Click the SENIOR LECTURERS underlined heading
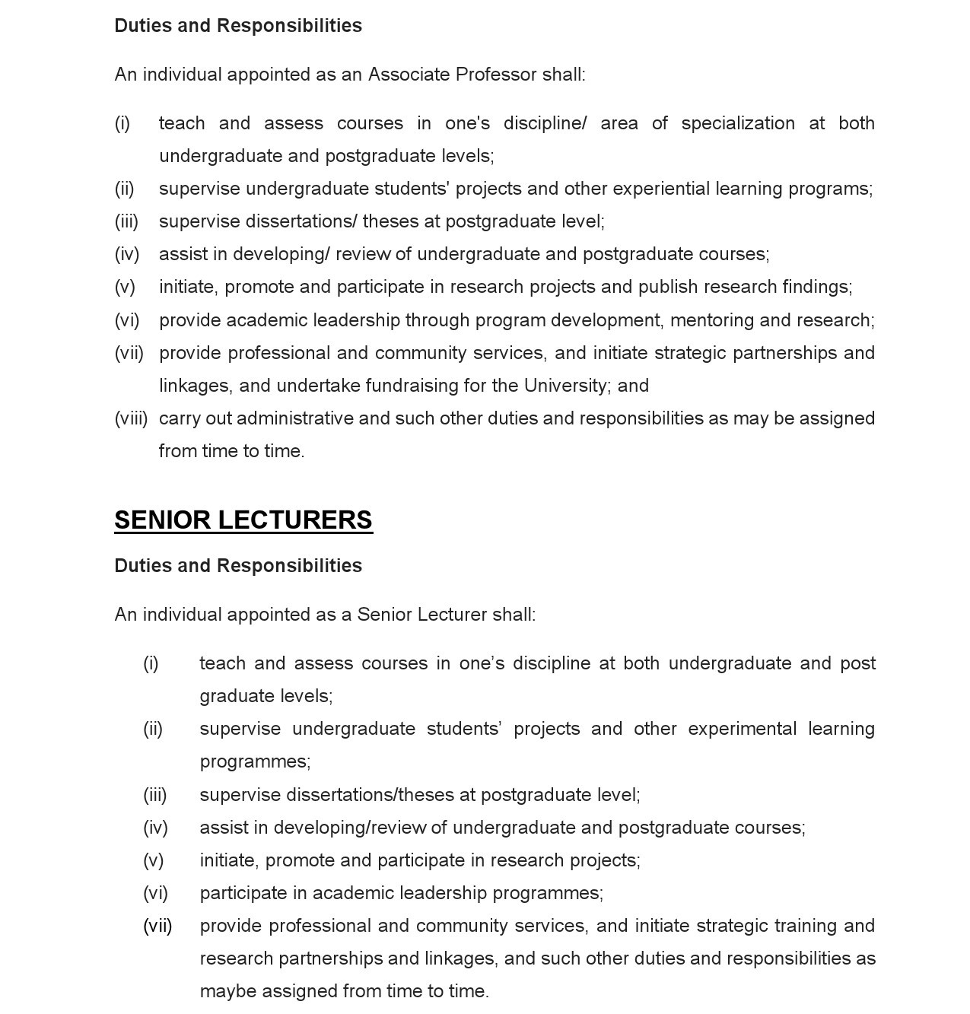(243, 520)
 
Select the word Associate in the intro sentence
(409, 75)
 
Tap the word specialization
(738, 123)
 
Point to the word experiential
(669, 189)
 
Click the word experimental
(742, 729)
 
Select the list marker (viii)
(131, 418)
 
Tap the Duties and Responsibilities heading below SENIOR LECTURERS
(238, 566)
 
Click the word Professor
(496, 75)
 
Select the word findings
(816, 287)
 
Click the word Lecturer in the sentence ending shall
(452, 615)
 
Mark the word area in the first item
(619, 123)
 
